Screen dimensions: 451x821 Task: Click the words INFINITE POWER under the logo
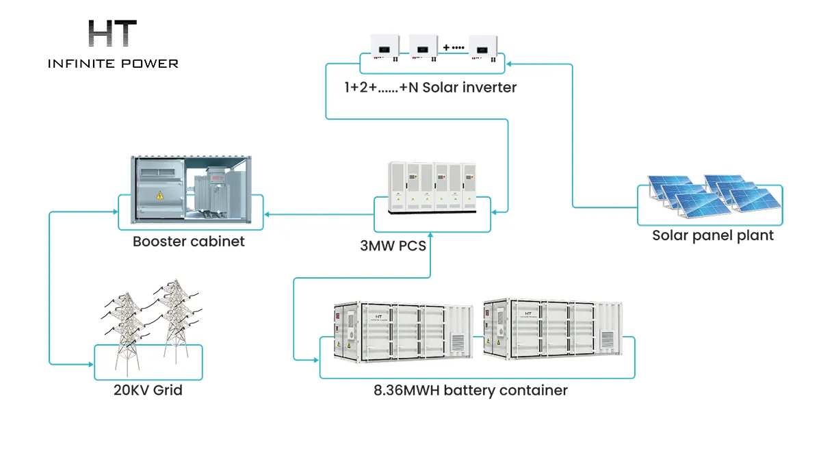click(113, 64)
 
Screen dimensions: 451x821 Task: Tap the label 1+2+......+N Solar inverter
click(430, 87)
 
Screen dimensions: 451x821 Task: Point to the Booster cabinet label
click(189, 242)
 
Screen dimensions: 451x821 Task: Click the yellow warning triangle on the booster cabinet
click(159, 195)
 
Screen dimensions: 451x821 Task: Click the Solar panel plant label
click(712, 235)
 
